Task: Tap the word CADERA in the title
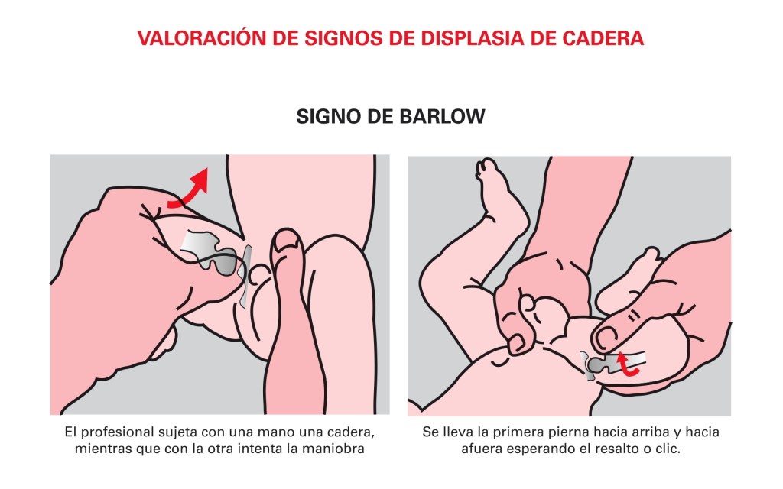[603, 38]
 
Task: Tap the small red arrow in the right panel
[627, 364]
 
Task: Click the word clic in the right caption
[668, 448]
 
